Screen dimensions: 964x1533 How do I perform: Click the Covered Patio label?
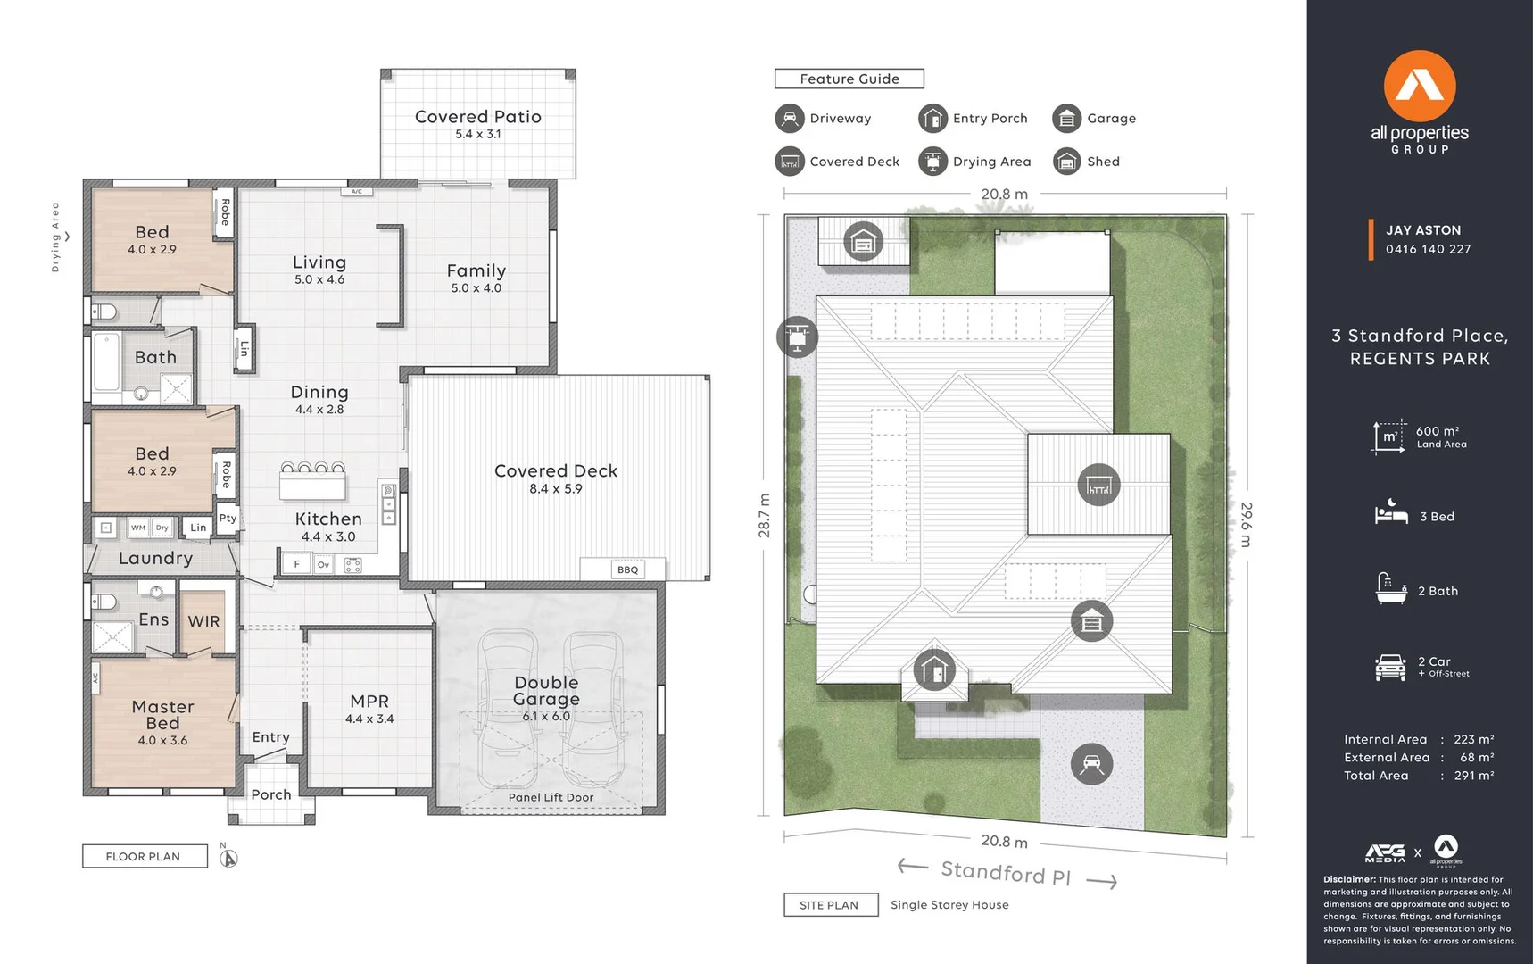pyautogui.click(x=477, y=117)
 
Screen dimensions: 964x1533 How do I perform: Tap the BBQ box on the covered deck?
pyautogui.click(x=627, y=569)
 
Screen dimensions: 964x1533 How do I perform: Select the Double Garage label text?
pyautogui.click(x=546, y=691)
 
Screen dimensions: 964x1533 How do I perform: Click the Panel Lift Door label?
pyautogui.click(x=551, y=797)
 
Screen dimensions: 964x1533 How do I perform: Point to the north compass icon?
pyautogui.click(x=228, y=858)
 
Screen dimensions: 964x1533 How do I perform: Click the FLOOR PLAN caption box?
pyautogui.click(x=144, y=856)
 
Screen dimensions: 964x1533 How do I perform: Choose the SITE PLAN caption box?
pyautogui.click(x=829, y=904)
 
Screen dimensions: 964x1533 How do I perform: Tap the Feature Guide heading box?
pyautogui.click(x=849, y=79)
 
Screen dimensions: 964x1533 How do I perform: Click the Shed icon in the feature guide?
pyautogui.click(x=1066, y=162)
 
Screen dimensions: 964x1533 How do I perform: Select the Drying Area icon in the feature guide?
pyautogui.click(x=932, y=162)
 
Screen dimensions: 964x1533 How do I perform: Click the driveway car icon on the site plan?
pyautogui.click(x=1091, y=764)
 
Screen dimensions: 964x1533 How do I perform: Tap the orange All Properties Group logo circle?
pyautogui.click(x=1419, y=86)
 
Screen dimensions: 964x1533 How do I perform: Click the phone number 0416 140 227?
pyautogui.click(x=1428, y=249)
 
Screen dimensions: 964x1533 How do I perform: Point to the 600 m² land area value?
pyautogui.click(x=1438, y=431)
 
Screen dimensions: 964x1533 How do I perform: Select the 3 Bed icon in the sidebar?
pyautogui.click(x=1390, y=513)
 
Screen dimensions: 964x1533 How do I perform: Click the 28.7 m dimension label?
pyautogui.click(x=765, y=515)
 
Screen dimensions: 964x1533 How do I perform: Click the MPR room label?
pyautogui.click(x=369, y=702)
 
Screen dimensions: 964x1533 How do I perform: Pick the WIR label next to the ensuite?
pyautogui.click(x=203, y=621)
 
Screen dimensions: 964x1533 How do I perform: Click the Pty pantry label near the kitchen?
pyautogui.click(x=228, y=518)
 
